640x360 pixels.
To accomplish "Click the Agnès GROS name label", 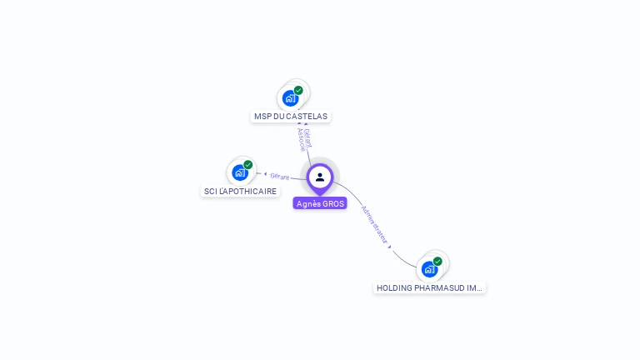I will (x=320, y=203).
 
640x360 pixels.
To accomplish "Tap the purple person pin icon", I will (x=320, y=177).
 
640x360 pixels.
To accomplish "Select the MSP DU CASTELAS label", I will (x=291, y=117).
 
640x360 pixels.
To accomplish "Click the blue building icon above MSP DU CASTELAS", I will (x=290, y=97).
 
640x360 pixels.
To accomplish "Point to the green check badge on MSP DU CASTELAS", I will (x=298, y=90).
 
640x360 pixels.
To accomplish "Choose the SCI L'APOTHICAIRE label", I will (x=241, y=192).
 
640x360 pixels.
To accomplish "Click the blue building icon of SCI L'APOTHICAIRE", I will (x=240, y=172).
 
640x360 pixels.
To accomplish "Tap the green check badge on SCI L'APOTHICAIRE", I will (x=248, y=165).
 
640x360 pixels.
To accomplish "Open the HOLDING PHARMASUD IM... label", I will (x=429, y=287).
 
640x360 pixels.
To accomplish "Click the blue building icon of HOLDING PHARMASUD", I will (x=429, y=268).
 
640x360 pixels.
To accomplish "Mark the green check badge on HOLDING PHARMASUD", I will (x=437, y=261).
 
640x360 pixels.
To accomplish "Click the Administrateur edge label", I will (x=375, y=223).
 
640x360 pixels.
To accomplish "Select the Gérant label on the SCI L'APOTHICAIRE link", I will (x=279, y=176).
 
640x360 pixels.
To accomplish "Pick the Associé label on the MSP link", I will (x=301, y=141).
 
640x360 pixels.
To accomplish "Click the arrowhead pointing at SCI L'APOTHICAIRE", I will (x=265, y=174).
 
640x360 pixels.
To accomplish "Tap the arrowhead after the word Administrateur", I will (x=390, y=247).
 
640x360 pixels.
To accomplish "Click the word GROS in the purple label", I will (x=332, y=203).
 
